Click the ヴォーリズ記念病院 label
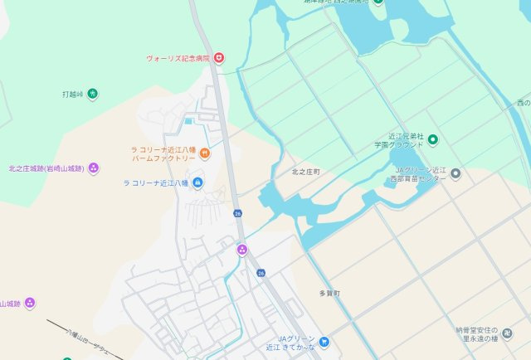178,59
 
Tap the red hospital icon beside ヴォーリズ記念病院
219,58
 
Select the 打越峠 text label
73,94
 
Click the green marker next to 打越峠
92,94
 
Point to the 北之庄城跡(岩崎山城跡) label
46,168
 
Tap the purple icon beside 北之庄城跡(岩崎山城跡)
94,168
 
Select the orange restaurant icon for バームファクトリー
205,152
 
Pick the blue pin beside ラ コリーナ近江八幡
197,183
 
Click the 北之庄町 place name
305,172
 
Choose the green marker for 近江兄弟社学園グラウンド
433,139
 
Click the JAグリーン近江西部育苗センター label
420,174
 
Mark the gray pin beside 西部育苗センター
455,174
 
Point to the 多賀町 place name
330,294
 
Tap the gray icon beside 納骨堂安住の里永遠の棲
508,333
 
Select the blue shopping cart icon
324,341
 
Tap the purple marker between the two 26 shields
242,250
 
